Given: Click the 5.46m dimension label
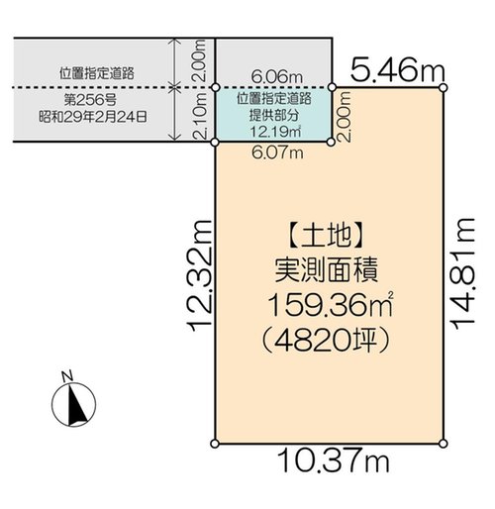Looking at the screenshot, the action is tap(398, 71).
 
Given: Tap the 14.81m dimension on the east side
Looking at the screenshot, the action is tap(463, 273).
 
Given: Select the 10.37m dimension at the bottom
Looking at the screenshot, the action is tap(334, 460).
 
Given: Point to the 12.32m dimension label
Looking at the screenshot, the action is tap(199, 275).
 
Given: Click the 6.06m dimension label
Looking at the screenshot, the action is tap(277, 77).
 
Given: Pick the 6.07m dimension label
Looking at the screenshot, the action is tap(277, 153).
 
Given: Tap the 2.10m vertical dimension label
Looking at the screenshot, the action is tap(200, 116).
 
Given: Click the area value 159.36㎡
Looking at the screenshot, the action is tap(331, 305).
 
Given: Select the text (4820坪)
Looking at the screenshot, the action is tap(325, 340).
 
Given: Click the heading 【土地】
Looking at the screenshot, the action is tap(326, 237).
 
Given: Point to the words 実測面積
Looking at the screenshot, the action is tap(326, 271).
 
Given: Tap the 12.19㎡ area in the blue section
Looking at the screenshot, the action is tap(275, 132).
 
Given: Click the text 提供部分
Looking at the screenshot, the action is tap(274, 115).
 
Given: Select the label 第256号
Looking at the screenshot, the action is tap(90, 100).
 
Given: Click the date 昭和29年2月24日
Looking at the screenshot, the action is tap(93, 117).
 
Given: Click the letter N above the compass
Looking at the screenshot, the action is tap(67, 376).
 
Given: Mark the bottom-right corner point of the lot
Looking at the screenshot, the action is tap(444, 444).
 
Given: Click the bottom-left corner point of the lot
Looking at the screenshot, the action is tap(215, 444).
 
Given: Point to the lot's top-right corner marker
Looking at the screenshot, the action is tap(444, 88).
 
